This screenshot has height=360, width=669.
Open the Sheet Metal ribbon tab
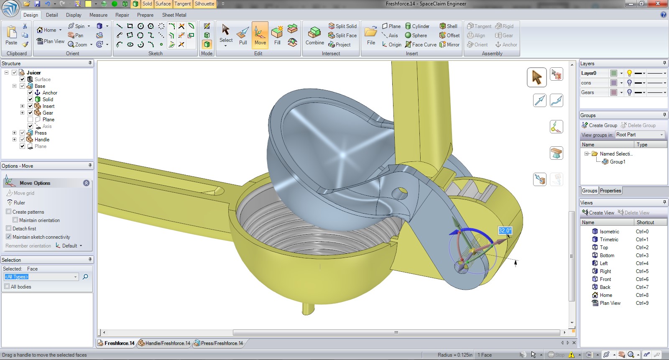point(174,15)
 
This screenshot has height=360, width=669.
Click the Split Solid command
point(342,26)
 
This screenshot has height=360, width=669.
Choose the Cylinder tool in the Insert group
point(417,26)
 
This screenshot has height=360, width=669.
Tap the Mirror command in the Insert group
point(449,45)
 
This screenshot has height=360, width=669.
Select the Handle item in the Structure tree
point(42,140)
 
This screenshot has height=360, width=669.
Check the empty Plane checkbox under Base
point(31,120)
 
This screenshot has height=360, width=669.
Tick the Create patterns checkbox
point(9,212)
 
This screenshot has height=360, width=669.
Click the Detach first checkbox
point(9,229)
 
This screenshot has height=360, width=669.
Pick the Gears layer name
point(587,92)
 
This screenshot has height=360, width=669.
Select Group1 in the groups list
point(617,162)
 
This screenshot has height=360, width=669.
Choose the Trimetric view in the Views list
point(609,240)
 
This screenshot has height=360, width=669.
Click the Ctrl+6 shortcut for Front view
point(642,279)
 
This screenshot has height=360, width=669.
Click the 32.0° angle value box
point(505,230)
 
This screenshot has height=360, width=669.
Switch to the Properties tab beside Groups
point(610,191)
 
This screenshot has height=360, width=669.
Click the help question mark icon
point(663,15)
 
